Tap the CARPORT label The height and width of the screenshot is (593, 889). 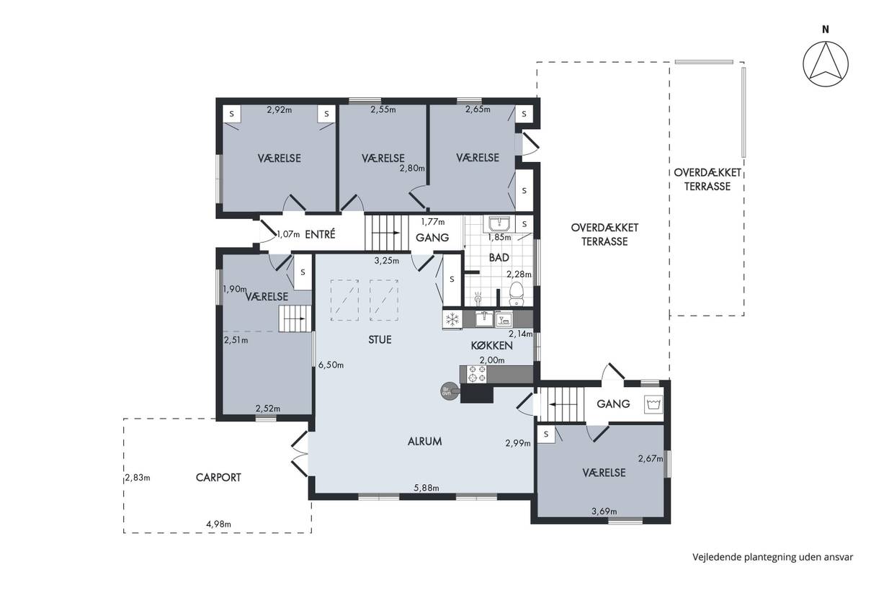click(x=218, y=478)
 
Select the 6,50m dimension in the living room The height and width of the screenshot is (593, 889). click(x=331, y=365)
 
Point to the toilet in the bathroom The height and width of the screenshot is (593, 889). click(x=516, y=293)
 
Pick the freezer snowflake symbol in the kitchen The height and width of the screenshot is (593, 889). click(x=452, y=318)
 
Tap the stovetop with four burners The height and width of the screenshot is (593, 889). click(x=477, y=374)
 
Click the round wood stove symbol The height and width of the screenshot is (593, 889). click(x=447, y=391)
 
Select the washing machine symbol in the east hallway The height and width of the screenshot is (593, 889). click(x=653, y=404)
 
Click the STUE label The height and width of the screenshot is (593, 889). click(x=380, y=340)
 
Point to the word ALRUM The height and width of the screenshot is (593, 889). click(x=424, y=442)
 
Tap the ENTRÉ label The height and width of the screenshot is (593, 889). click(x=320, y=234)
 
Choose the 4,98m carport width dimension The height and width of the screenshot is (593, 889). click(x=218, y=525)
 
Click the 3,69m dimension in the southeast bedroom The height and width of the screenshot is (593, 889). click(x=604, y=512)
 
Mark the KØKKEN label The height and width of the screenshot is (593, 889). click(x=492, y=346)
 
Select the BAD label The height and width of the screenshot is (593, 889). click(x=499, y=258)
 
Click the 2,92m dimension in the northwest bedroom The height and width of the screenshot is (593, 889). click(x=279, y=110)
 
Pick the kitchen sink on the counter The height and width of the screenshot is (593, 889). click(x=484, y=318)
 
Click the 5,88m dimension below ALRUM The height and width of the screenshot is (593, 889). click(x=426, y=488)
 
